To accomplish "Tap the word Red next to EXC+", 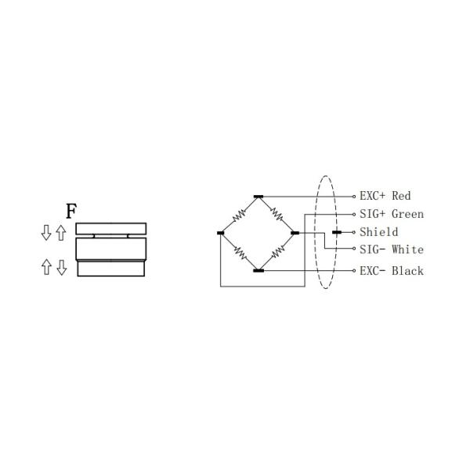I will click(401, 196).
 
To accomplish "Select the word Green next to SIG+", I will click(407, 214).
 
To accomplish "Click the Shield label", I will click(378, 232).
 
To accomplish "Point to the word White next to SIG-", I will click(407, 250).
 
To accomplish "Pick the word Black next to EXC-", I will click(407, 270).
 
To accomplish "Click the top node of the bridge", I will click(258, 196).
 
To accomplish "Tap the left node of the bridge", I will click(220, 233).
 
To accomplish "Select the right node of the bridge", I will click(295, 233).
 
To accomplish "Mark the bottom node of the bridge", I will click(258, 270).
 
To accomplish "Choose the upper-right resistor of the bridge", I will click(277, 214).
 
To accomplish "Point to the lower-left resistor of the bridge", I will click(239, 252).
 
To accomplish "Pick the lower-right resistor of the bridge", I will click(277, 252).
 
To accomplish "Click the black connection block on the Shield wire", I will click(337, 233).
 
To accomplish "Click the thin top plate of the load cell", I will click(110, 228).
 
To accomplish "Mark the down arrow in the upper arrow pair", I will click(46, 232).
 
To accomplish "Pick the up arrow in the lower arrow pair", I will click(46, 268).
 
